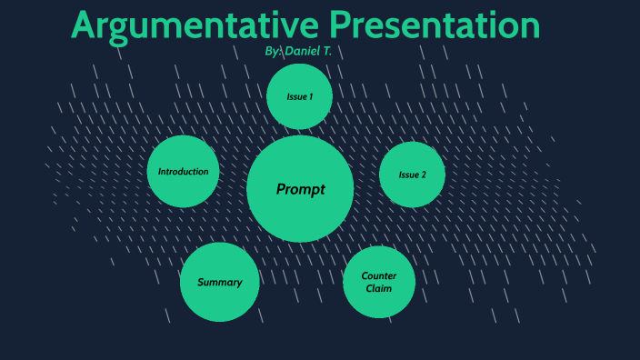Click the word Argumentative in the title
coord(195,25)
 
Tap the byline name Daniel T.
coord(308,52)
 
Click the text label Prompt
coord(300,189)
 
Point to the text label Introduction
coord(183,171)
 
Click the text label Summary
coord(219,282)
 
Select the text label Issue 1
coord(299,96)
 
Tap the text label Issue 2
coord(412,175)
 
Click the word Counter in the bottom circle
coord(379,275)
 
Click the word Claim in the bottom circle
coord(379,288)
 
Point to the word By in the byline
coord(272,52)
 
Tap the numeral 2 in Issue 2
coord(423,175)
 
